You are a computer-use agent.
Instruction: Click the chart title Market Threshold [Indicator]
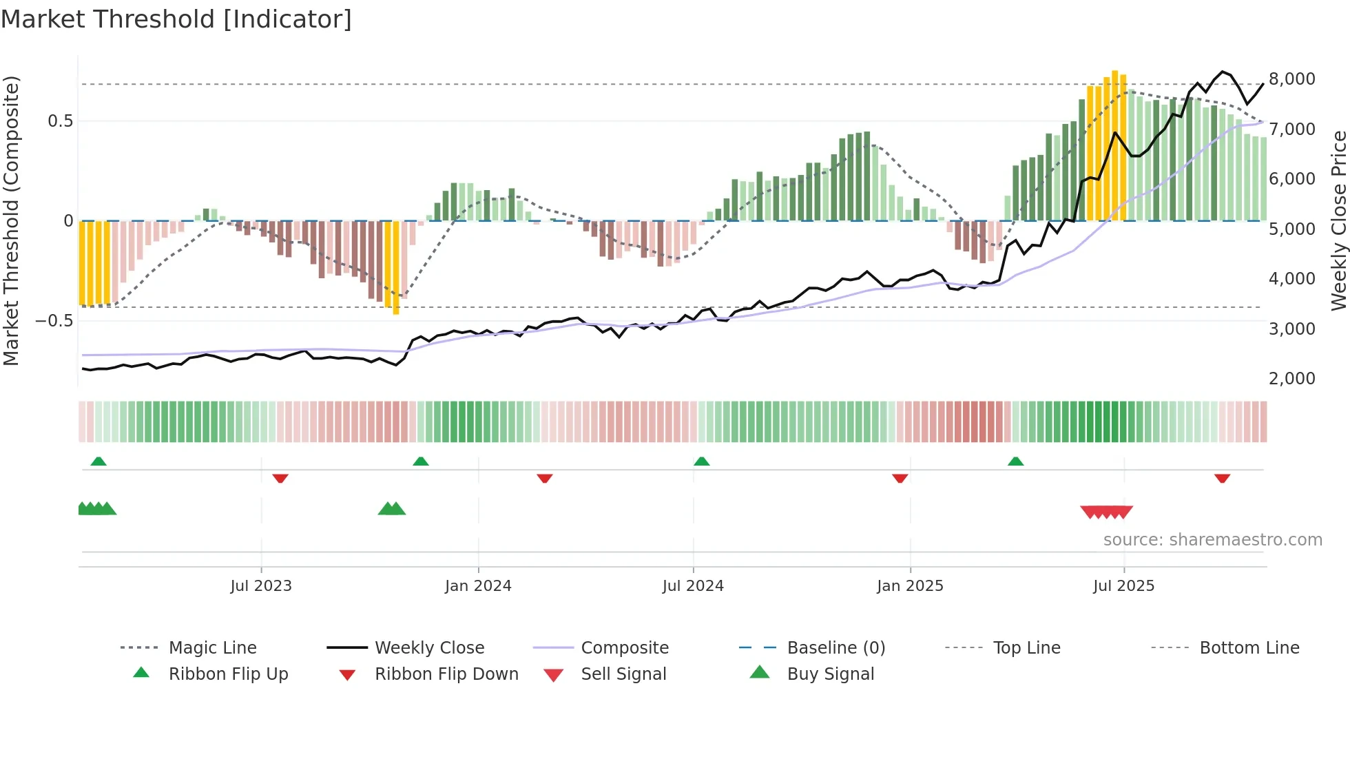[176, 19]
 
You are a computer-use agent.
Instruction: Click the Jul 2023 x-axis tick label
[261, 585]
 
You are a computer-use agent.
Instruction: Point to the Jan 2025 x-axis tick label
[910, 585]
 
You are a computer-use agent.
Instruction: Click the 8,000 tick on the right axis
[1291, 79]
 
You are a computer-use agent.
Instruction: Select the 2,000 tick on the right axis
[1291, 378]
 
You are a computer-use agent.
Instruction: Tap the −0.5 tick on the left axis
[54, 320]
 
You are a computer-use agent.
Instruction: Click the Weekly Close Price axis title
[1338, 220]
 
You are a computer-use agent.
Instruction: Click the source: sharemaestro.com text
[1212, 539]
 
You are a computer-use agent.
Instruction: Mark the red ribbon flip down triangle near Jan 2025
[900, 478]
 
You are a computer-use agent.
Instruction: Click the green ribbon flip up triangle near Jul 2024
[701, 461]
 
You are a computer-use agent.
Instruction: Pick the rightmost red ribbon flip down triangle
[1222, 478]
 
